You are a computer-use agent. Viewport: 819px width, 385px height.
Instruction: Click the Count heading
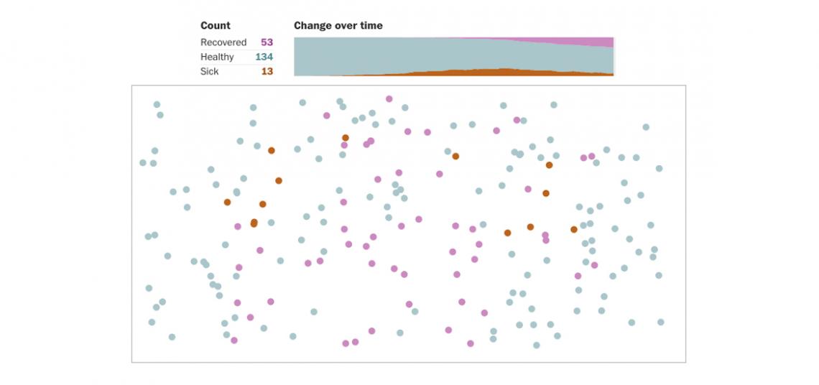tap(216, 26)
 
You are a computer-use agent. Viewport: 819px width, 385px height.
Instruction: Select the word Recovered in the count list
tap(223, 42)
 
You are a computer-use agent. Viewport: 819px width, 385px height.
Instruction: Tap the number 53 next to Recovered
tap(267, 42)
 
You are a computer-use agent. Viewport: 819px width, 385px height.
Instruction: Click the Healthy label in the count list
tap(217, 57)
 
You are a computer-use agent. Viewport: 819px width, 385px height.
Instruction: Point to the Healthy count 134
tap(264, 57)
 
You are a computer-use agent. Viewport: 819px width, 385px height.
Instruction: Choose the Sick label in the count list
tap(210, 72)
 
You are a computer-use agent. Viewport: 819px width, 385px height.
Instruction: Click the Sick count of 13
tap(267, 72)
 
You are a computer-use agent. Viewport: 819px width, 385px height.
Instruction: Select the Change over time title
tap(338, 26)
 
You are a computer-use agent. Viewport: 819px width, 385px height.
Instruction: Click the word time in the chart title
tap(371, 26)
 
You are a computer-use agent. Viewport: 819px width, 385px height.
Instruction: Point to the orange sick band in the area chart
tap(503, 72)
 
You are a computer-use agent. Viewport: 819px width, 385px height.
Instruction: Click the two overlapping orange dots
tap(254, 223)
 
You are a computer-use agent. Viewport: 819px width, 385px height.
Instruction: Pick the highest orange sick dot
tap(346, 137)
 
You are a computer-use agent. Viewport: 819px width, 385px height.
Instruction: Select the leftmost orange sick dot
tap(227, 202)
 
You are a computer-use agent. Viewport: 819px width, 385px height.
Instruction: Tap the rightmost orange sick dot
tap(574, 229)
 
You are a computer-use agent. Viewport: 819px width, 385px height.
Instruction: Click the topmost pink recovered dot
tap(389, 98)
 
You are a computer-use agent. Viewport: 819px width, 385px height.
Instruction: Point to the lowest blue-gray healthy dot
tap(536, 345)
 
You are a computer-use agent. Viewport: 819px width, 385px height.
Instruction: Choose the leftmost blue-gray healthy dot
tap(143, 162)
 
